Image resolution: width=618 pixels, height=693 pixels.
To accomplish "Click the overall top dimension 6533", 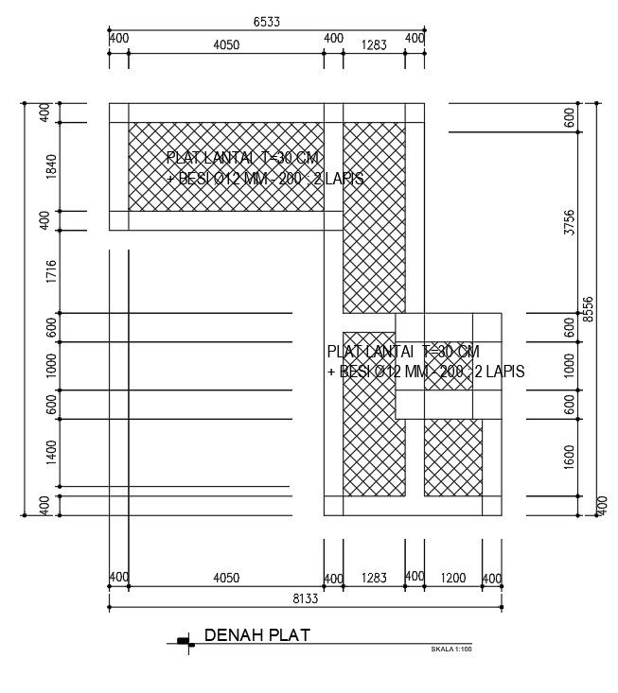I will point(266,20).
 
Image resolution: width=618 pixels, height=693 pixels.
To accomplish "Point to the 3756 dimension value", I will point(569,222).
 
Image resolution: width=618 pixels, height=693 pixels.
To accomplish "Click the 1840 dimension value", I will point(51,166).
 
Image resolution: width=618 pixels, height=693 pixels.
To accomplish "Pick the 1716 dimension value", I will point(51,271).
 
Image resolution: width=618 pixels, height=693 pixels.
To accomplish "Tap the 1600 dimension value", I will point(569,456).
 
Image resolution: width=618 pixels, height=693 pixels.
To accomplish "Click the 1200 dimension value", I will point(452,577).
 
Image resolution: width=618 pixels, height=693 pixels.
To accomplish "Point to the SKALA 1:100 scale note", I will point(450,650).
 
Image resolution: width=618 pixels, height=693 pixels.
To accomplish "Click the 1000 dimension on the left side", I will point(51,365).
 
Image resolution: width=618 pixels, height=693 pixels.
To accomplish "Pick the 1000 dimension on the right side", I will point(569,365).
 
